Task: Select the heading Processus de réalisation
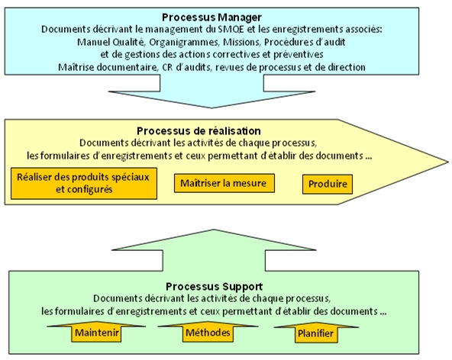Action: [x=199, y=131]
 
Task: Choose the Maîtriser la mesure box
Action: [x=224, y=184]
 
